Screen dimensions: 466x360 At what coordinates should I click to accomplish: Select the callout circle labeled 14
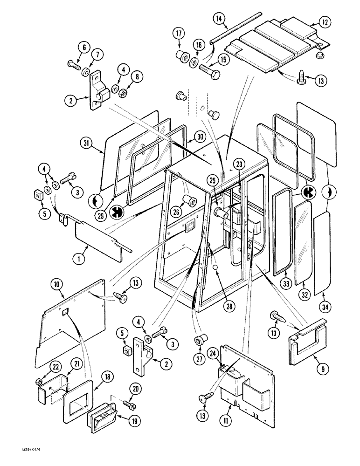point(220,19)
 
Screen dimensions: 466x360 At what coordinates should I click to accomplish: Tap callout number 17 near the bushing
point(179,34)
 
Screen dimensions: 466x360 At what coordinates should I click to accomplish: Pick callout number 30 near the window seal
point(200,137)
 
